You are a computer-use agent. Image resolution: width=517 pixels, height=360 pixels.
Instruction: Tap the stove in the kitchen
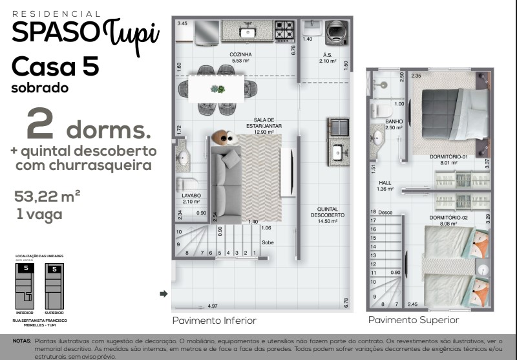(284, 30)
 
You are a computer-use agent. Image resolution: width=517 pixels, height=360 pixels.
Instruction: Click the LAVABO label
(191, 195)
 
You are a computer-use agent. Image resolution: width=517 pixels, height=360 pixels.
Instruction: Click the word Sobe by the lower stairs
(267, 243)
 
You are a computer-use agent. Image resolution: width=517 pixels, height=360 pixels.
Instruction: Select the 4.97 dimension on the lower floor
(213, 306)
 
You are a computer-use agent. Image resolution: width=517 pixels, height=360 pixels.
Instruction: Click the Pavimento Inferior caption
(214, 321)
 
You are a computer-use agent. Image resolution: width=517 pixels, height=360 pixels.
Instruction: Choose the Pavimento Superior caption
(414, 320)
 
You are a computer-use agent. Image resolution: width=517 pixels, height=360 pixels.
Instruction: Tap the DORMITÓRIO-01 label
(448, 157)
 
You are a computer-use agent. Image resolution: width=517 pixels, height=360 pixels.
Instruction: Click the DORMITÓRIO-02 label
(448, 217)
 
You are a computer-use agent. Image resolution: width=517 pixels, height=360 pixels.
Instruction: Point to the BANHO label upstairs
(394, 122)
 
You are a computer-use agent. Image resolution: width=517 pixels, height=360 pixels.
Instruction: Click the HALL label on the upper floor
(385, 183)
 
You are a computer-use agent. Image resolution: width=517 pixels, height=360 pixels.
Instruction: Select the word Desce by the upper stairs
(385, 212)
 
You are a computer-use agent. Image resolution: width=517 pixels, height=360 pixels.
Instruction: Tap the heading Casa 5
(54, 66)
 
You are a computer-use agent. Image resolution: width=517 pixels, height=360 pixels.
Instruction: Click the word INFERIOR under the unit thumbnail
(25, 312)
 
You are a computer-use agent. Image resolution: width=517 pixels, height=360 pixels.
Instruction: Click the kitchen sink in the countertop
(247, 31)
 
